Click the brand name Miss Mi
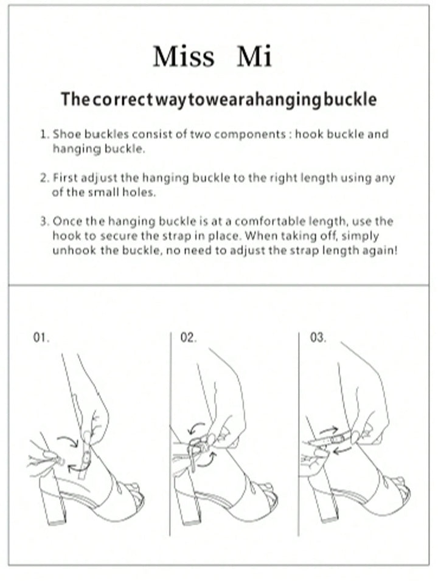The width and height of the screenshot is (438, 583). click(212, 57)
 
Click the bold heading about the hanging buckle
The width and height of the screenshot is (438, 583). click(218, 99)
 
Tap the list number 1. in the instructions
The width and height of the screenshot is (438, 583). click(44, 134)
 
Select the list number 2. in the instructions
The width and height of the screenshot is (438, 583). click(44, 178)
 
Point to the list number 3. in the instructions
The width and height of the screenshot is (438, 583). click(44, 222)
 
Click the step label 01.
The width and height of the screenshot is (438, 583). click(41, 339)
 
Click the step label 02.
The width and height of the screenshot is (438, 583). click(188, 339)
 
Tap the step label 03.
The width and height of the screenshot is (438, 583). click(318, 339)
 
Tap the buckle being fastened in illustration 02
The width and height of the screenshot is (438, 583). click(201, 444)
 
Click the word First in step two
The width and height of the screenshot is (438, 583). click(65, 178)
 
